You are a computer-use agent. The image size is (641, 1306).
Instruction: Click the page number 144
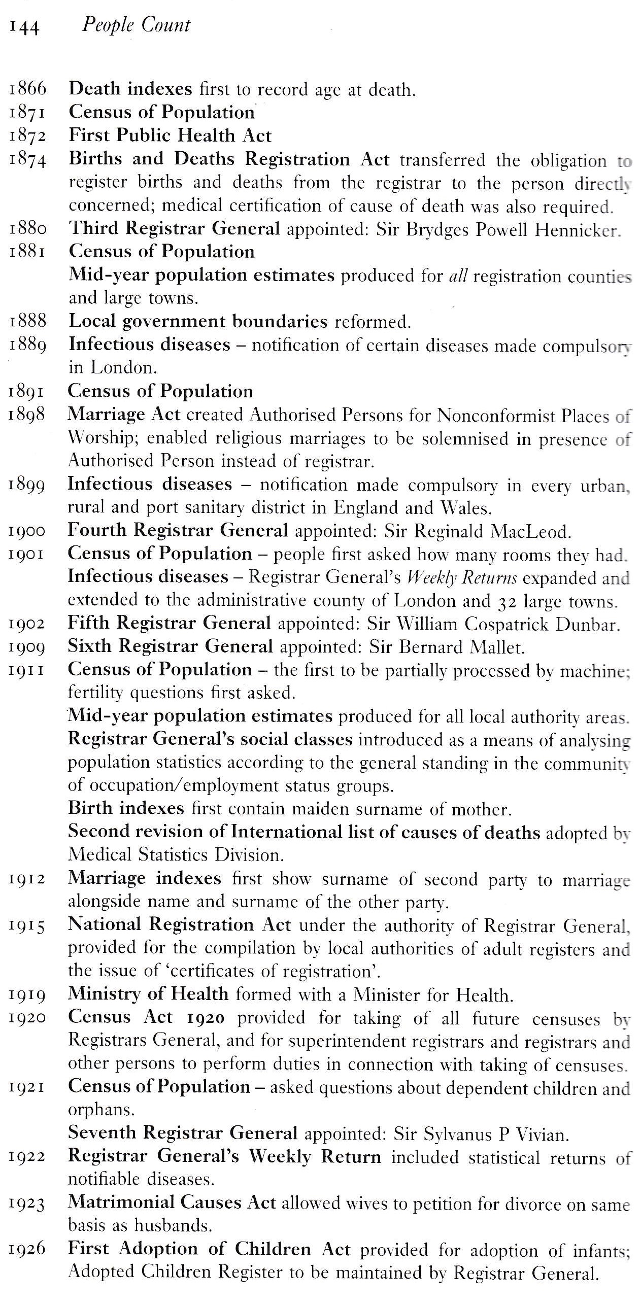point(24,26)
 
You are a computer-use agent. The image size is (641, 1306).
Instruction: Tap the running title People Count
point(136,25)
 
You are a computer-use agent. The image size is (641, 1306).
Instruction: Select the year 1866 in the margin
point(27,89)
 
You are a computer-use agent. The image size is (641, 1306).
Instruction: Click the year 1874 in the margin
point(27,159)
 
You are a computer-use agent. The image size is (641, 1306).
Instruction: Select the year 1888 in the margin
point(27,321)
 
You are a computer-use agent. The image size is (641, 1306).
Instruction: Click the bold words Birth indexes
point(126,808)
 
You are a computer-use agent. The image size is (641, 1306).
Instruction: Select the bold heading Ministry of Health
point(148,994)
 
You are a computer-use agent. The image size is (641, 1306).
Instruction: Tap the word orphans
point(101,1110)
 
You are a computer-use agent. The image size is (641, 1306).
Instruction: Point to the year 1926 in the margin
point(27,1250)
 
